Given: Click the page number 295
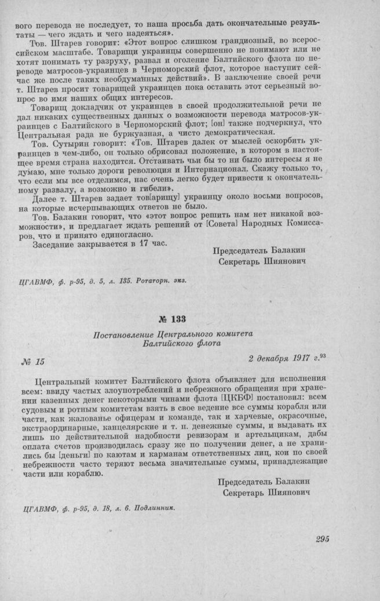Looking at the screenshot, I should click(x=323, y=539).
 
